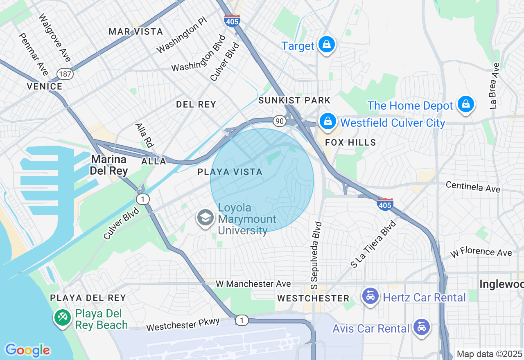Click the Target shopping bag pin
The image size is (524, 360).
tap(326, 45)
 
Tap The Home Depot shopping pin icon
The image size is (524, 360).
tap(466, 104)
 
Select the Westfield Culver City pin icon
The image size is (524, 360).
tap(327, 122)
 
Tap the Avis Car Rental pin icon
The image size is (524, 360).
tap(421, 327)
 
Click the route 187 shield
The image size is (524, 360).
tap(65, 74)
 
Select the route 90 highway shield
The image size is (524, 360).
tap(280, 121)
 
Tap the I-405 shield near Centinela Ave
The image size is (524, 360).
tap(385, 204)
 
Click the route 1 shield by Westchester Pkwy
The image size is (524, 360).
tap(242, 320)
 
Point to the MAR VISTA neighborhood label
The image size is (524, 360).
tap(136, 32)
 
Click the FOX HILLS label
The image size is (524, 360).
tap(350, 142)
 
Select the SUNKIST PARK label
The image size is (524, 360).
tap(294, 100)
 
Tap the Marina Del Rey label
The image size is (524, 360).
tap(109, 165)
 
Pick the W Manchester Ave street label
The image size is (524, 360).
tap(253, 283)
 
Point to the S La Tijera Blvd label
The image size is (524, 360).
tap(373, 244)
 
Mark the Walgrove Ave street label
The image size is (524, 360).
tap(55, 38)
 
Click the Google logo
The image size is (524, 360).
tap(27, 350)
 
